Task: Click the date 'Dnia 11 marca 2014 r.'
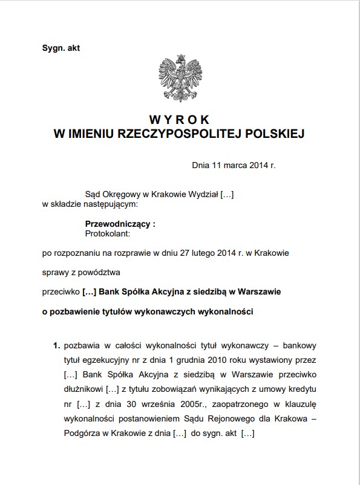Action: coord(233,164)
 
